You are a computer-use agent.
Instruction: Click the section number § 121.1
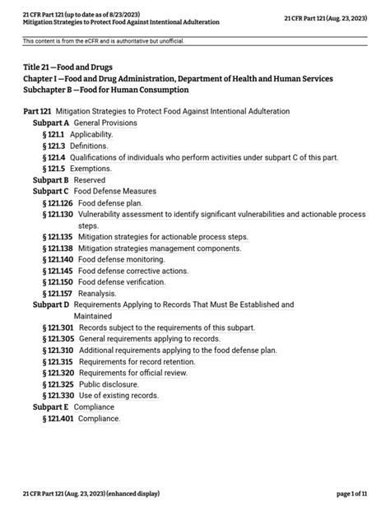click(53, 133)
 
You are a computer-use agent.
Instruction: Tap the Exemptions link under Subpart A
click(91, 168)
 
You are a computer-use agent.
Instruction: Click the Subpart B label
click(50, 179)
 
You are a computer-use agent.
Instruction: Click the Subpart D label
click(50, 304)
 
